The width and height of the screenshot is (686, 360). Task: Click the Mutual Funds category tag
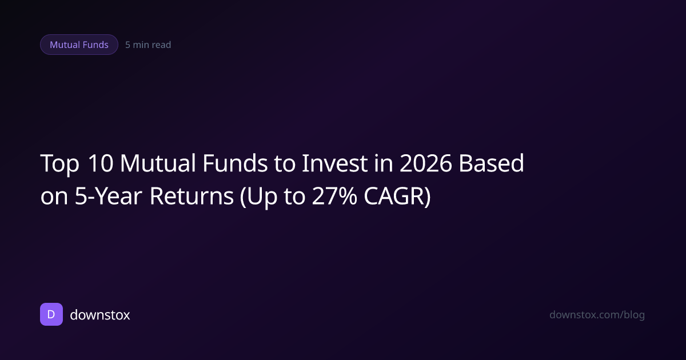(x=79, y=45)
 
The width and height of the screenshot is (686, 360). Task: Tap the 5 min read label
(x=148, y=45)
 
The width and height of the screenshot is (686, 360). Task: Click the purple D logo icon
(x=51, y=314)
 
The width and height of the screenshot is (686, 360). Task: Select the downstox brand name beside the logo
(x=100, y=315)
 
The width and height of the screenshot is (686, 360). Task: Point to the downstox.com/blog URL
(x=597, y=315)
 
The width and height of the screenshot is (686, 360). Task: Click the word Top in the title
(x=59, y=164)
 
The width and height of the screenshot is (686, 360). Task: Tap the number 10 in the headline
(x=101, y=163)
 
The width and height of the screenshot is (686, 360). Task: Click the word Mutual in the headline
(x=158, y=163)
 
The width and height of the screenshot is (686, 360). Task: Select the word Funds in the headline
(x=235, y=163)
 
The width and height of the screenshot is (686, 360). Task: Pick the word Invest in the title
(x=335, y=163)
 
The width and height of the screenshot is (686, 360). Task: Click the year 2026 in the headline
(x=426, y=163)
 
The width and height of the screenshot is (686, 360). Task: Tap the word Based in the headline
(x=491, y=163)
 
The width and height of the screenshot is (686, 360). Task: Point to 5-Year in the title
(x=109, y=196)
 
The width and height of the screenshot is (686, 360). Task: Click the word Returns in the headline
(x=192, y=196)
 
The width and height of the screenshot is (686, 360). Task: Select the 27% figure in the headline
(x=334, y=196)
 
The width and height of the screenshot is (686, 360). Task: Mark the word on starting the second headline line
(x=54, y=198)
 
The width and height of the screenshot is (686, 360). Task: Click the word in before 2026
(x=384, y=163)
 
